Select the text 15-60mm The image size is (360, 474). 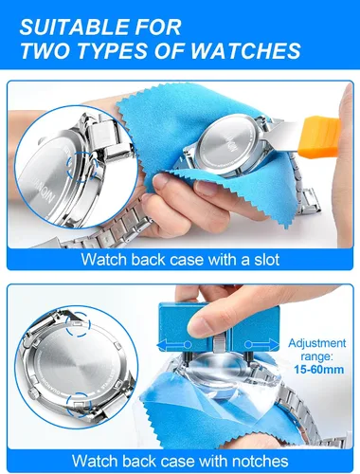pyautogui.click(x=319, y=370)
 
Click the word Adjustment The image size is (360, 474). pyautogui.click(x=317, y=343)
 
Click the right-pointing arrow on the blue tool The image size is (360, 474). pyautogui.click(x=261, y=344)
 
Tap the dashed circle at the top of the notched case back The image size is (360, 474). pyautogui.click(x=79, y=324)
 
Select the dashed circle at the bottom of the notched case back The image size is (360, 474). pyautogui.click(x=79, y=405)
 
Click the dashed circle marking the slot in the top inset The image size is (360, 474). pyautogui.click(x=81, y=166)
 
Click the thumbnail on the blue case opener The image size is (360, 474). pyautogui.click(x=200, y=327)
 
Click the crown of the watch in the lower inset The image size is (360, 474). pyautogui.click(x=32, y=392)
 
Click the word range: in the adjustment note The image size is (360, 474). pyautogui.click(x=316, y=356)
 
